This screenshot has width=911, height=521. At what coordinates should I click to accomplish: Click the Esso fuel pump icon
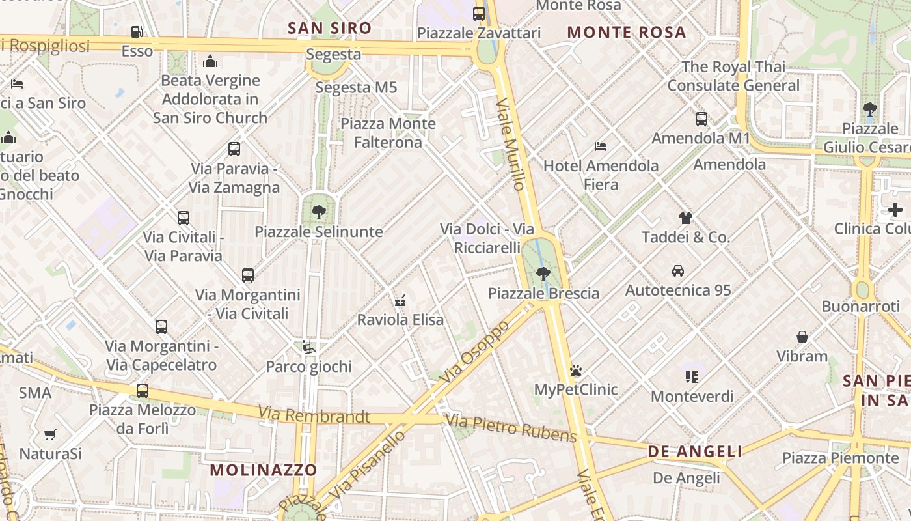137,31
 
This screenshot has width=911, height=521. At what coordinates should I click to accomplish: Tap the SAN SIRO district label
329,28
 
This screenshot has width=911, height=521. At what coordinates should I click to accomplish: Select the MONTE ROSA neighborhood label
627,32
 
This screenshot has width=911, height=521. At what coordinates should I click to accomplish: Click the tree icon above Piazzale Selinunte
318,212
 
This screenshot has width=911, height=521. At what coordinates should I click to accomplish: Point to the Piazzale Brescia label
543,293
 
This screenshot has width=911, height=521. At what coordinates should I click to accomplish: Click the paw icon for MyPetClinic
576,371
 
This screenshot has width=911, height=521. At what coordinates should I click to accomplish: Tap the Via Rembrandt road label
314,415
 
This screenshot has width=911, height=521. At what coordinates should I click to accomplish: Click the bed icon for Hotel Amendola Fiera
601,146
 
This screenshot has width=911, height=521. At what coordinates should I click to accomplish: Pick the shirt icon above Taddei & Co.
686,218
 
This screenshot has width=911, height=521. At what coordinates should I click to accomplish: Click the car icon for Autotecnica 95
678,270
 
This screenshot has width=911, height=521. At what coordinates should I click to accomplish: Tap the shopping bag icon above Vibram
802,337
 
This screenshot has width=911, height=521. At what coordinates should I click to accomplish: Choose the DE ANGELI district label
695,452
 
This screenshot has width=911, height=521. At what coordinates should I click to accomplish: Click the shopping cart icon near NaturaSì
50,434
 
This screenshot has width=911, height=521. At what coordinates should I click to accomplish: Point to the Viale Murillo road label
510,145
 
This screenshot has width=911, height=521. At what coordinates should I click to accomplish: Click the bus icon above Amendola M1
701,119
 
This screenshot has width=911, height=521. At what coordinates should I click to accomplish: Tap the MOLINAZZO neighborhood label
264,470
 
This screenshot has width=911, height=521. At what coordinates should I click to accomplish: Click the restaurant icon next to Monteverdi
691,376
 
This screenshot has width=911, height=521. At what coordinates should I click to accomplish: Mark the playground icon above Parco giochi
308,347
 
